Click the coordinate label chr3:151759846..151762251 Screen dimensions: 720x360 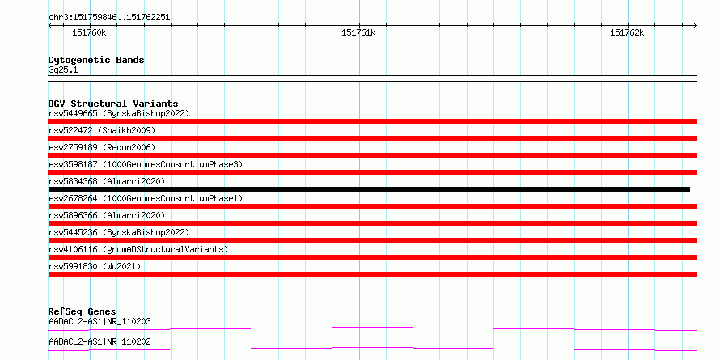click(x=109, y=18)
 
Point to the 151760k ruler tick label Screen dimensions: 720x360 click(x=89, y=32)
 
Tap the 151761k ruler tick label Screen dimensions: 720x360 click(x=358, y=32)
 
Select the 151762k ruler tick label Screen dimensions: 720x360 click(x=627, y=32)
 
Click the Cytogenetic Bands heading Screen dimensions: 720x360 click(x=96, y=60)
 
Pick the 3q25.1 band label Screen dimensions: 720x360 click(x=63, y=70)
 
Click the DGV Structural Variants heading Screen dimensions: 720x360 click(x=113, y=104)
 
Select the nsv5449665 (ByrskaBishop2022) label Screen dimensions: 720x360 click(x=119, y=113)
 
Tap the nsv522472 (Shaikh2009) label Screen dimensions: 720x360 click(x=102, y=130)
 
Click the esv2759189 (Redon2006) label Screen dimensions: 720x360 click(x=102, y=147)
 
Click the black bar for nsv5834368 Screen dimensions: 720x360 click(x=369, y=189)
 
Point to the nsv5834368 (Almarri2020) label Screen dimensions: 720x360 click(x=107, y=181)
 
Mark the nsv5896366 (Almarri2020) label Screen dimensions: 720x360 click(x=107, y=215)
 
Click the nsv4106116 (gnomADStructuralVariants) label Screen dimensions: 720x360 click(x=138, y=249)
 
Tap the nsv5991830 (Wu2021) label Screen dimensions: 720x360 click(x=95, y=266)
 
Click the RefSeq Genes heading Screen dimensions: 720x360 click(x=82, y=311)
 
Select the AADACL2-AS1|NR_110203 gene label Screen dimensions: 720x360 click(x=100, y=321)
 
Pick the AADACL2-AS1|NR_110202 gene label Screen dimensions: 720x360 click(x=100, y=341)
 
